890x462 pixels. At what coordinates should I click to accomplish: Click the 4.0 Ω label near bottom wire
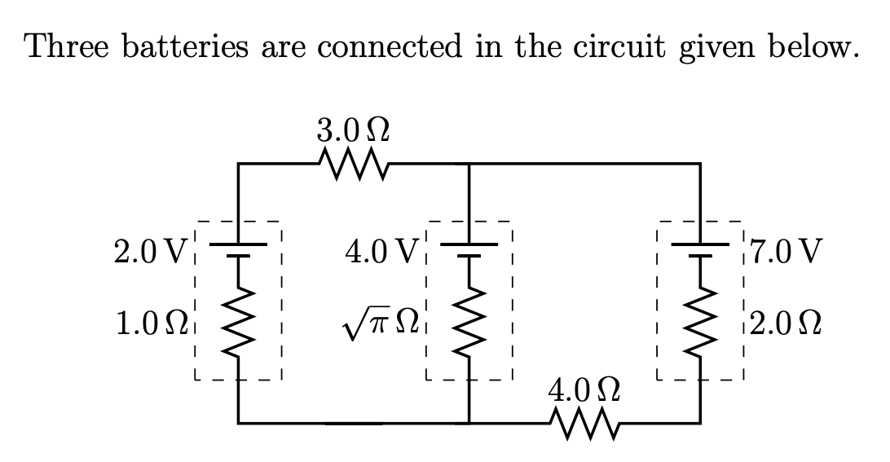[x=586, y=389]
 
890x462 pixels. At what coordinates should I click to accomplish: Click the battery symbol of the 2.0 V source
[x=238, y=249]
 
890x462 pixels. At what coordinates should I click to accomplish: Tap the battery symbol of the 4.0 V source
[x=469, y=249]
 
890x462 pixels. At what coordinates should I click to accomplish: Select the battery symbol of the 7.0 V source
[x=699, y=249]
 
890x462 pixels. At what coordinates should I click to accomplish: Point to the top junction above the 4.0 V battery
[x=469, y=164]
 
